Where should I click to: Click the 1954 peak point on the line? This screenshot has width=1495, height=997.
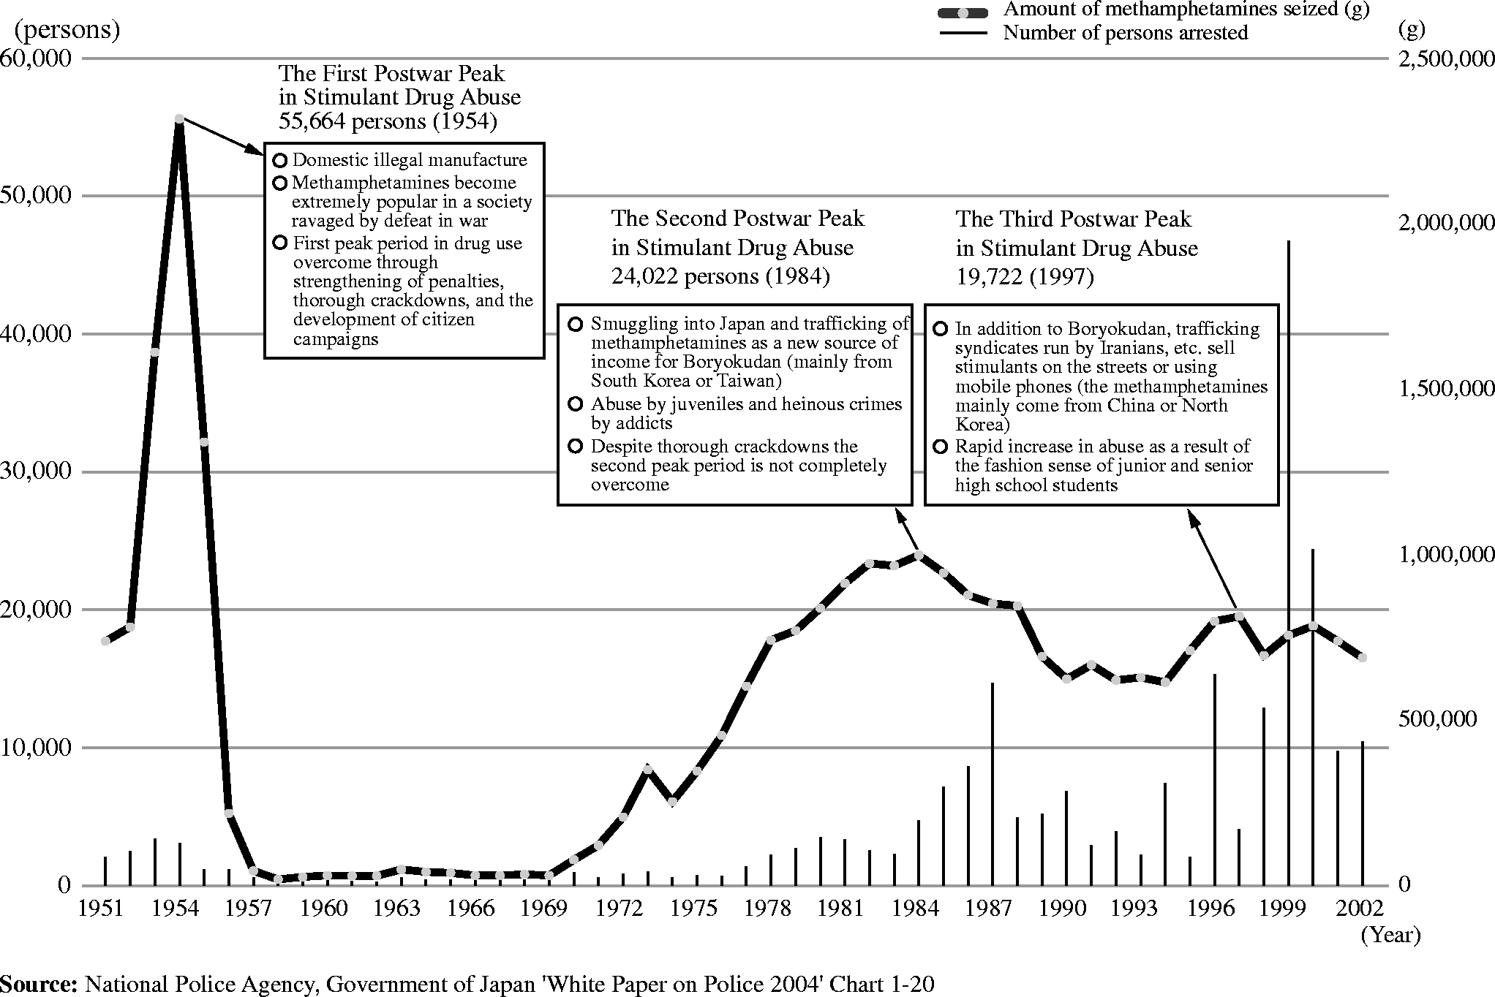point(179,118)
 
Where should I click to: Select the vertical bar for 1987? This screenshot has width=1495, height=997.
point(993,782)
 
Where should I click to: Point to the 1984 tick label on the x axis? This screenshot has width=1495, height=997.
point(916,908)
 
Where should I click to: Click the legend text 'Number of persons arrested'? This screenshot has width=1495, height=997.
point(1125,33)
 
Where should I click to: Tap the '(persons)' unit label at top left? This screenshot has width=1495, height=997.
point(67,30)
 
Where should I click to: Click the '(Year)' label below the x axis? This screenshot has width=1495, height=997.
point(1390,935)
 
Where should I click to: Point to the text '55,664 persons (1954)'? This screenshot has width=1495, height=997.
point(388,121)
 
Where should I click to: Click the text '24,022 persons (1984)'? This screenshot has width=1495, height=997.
point(720,276)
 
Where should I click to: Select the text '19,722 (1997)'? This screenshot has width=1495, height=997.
point(1025,277)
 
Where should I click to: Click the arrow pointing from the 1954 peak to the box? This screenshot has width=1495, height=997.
point(221,137)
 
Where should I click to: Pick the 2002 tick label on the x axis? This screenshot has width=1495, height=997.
point(1361,908)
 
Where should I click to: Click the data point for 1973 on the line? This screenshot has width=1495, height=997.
point(647,768)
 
